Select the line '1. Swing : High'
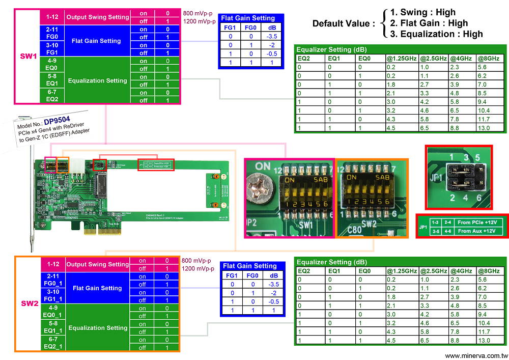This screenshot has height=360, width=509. (x=422, y=12)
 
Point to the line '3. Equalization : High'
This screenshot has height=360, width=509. (x=436, y=34)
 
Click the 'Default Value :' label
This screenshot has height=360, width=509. (x=343, y=23)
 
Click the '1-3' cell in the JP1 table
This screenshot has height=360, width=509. (x=436, y=222)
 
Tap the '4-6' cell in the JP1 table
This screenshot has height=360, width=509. (x=448, y=231)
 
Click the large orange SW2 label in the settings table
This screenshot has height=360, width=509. (x=28, y=304)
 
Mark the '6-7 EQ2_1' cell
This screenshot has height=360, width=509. (x=52, y=344)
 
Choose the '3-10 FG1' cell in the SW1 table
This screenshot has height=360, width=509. (x=52, y=49)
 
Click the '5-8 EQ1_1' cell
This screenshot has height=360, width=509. (x=52, y=327)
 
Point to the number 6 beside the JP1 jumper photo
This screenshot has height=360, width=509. (x=479, y=198)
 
